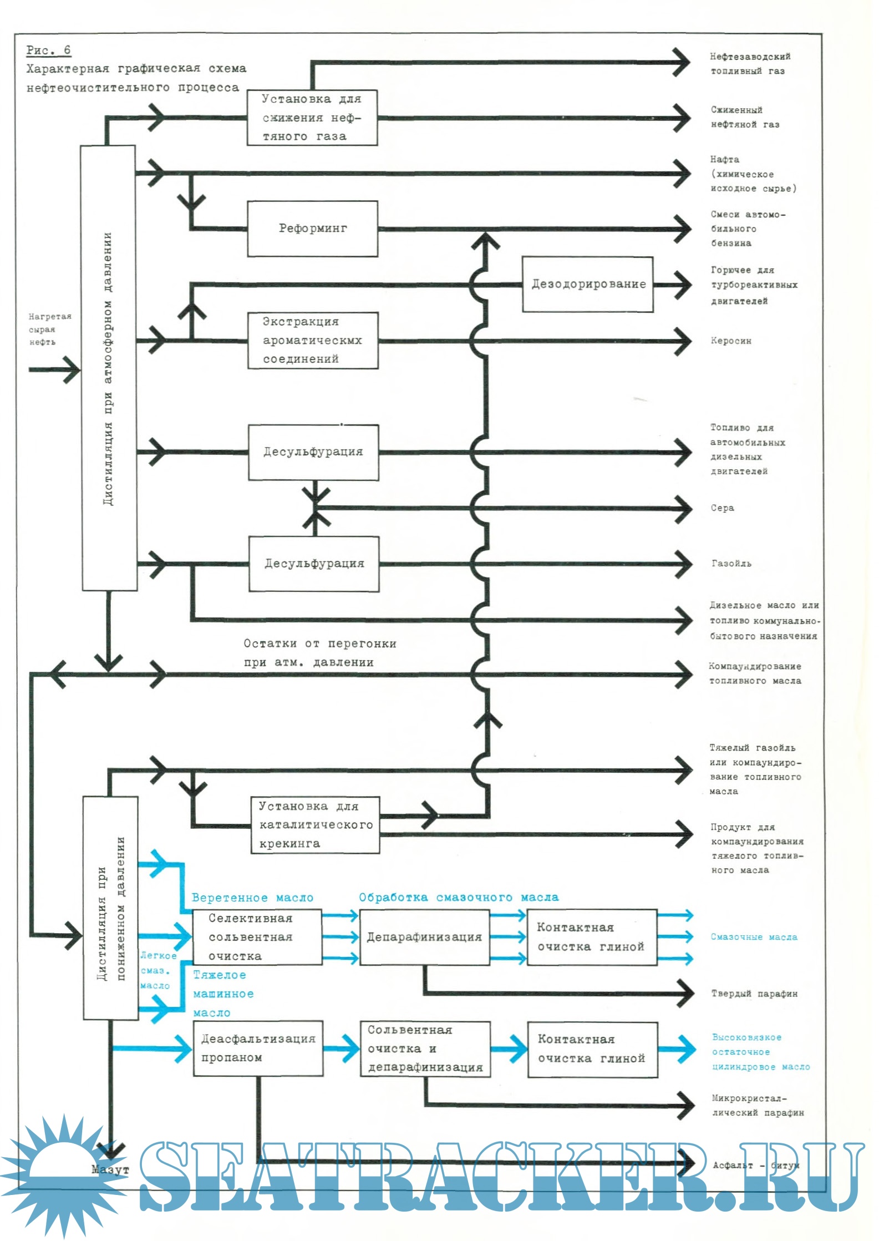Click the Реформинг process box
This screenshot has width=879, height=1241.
[x=312, y=229]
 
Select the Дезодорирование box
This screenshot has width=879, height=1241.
[x=587, y=284]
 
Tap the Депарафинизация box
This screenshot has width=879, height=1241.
[x=424, y=937]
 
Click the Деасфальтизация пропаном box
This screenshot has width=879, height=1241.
[x=258, y=1048]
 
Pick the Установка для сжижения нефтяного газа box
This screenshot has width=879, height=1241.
[x=312, y=118]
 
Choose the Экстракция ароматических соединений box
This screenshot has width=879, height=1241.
[x=313, y=340]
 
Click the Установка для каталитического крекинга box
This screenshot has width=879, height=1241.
[x=315, y=825]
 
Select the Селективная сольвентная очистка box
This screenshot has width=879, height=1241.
[x=257, y=937]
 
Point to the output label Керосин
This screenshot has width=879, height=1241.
[x=731, y=341]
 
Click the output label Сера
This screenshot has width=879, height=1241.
[x=722, y=508]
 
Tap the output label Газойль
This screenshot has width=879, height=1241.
[x=731, y=563]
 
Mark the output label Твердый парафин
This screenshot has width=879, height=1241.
[x=754, y=993]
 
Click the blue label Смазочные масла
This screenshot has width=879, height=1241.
[x=754, y=937]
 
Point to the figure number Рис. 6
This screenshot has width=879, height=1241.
[x=48, y=50]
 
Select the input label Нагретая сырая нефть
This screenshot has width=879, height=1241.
[x=50, y=329]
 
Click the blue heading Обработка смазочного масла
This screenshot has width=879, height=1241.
[x=458, y=897]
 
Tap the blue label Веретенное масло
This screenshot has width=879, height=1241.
[x=252, y=898]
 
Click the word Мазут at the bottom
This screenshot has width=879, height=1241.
[x=110, y=1169]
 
